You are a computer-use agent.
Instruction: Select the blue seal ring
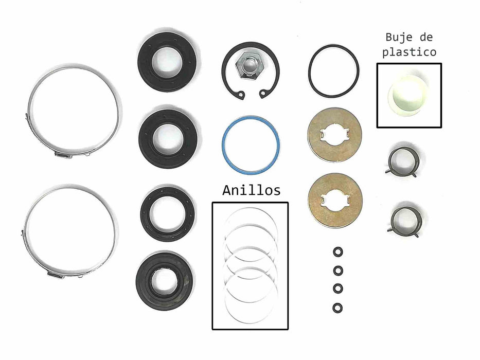223,144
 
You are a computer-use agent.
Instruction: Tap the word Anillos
252,190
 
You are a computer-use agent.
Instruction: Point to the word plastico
410,52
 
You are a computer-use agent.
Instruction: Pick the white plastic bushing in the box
408,96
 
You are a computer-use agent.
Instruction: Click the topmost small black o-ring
338,252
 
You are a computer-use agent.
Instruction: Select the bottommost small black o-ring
337,308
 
